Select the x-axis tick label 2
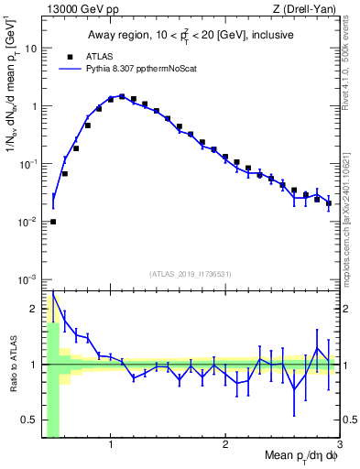pos(225,445)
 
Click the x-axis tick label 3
pos(339,445)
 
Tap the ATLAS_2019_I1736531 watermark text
pos(191,273)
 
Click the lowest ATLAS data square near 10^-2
pos(53,221)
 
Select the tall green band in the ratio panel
pos(53,385)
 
